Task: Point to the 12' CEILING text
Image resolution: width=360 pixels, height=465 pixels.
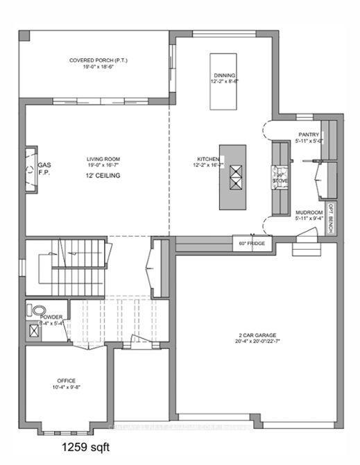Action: click(103, 176)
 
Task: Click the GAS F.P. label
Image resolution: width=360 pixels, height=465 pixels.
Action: click(44, 169)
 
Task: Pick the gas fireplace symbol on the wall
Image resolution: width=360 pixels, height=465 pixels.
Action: click(31, 169)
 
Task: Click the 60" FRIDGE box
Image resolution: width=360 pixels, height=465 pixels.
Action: click(252, 244)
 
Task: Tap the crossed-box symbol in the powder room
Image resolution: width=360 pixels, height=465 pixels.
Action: click(33, 331)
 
